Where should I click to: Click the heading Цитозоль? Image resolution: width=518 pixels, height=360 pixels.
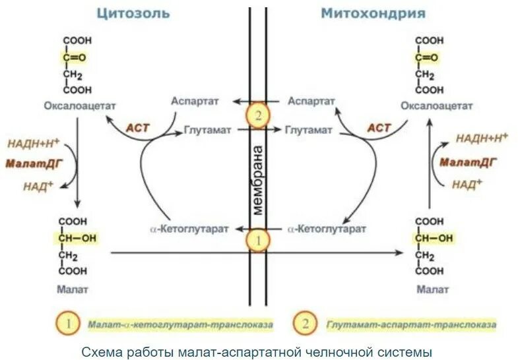[x=133, y=13]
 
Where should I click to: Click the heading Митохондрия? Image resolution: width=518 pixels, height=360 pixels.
[x=373, y=13]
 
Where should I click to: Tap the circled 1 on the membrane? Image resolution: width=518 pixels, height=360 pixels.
[x=258, y=241]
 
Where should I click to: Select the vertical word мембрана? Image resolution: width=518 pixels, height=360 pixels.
[x=258, y=179]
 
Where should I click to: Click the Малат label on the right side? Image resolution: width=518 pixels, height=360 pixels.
[x=433, y=289]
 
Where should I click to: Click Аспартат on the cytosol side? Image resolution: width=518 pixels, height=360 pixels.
[x=191, y=101]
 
